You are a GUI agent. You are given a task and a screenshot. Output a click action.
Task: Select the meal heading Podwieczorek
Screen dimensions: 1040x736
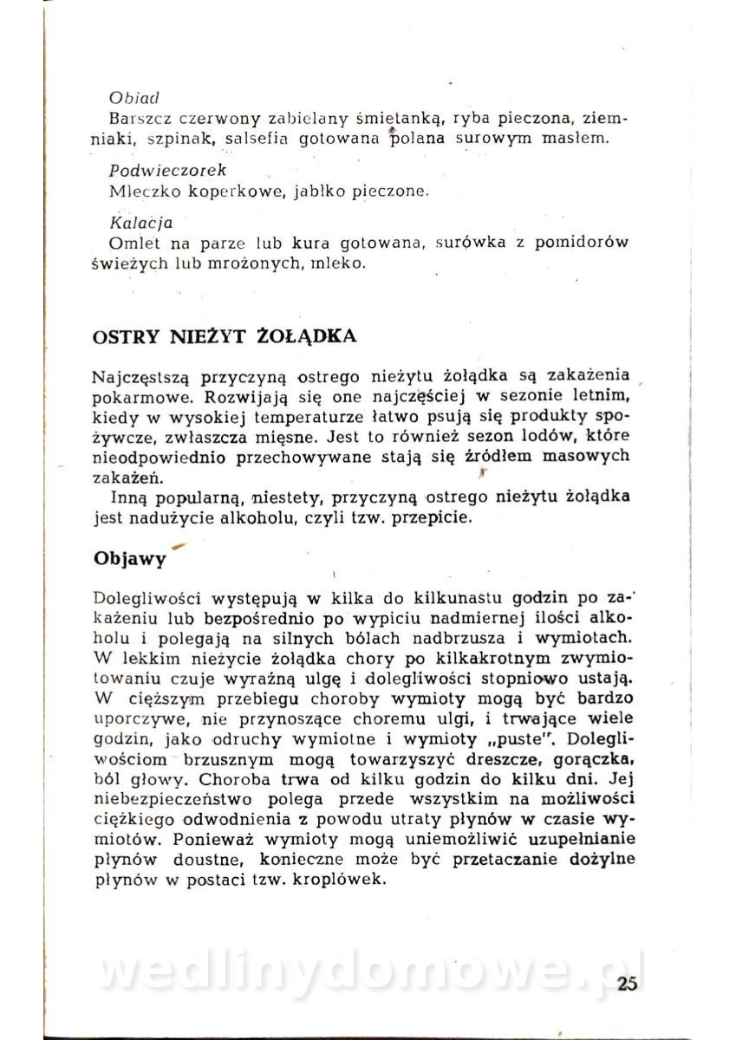pos(162,171)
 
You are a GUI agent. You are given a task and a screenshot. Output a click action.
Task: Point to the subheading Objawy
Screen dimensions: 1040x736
pos(129,559)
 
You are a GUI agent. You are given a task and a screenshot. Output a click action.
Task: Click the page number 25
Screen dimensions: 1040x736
pos(629,983)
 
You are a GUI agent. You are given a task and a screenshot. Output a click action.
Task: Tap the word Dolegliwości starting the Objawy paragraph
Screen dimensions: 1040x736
pos(143,597)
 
